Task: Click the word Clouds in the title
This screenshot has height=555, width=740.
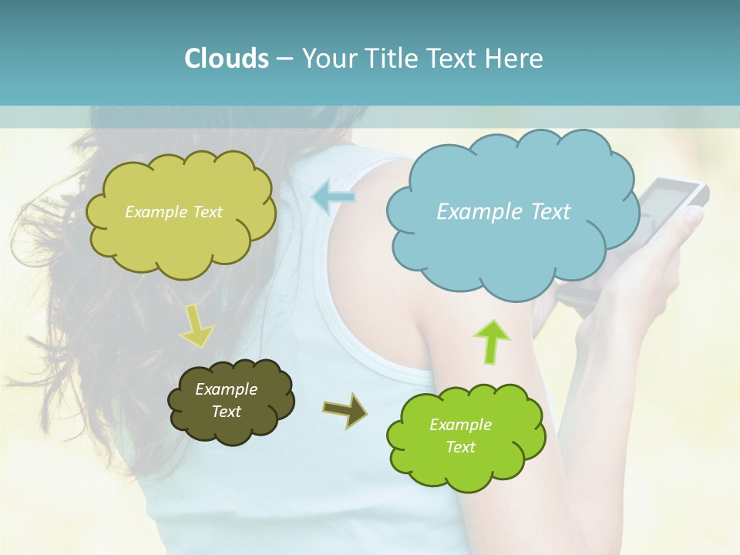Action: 226,59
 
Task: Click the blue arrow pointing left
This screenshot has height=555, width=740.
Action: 333,197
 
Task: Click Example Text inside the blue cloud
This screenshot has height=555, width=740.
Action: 503,212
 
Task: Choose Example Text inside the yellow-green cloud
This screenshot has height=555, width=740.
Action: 173,212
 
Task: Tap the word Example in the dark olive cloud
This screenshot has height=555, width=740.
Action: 226,389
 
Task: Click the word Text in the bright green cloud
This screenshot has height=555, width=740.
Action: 460,447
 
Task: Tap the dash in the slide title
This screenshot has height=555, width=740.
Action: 284,59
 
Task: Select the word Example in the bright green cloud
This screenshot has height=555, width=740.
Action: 460,425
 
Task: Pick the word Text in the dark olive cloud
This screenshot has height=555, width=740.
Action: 226,412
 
